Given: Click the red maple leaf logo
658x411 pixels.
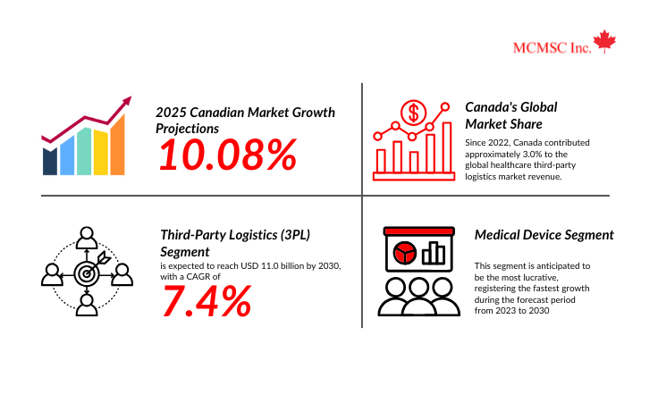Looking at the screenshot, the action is [x=604, y=41].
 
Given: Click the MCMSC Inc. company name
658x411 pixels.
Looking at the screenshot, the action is [x=552, y=48].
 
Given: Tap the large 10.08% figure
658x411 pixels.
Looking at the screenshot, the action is [x=228, y=155].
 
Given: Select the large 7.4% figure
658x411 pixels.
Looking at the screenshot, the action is [x=207, y=301].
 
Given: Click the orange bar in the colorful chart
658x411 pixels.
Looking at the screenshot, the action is [x=117, y=145].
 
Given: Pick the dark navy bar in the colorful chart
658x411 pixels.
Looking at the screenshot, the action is [x=50, y=162].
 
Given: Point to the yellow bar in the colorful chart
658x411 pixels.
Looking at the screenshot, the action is [x=101, y=152].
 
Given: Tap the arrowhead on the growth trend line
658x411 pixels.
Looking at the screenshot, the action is [x=127, y=101].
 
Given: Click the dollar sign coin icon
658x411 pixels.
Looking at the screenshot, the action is [x=413, y=113].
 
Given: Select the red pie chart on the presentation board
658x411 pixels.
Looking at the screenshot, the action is [x=404, y=253].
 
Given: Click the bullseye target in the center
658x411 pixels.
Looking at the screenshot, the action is [x=87, y=274].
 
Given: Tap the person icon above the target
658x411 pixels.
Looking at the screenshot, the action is [x=87, y=238].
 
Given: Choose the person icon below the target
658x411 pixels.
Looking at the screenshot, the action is [x=87, y=305].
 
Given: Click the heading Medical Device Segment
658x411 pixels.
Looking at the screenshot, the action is [x=544, y=235].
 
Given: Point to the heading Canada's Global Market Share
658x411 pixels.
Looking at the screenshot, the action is [x=511, y=116].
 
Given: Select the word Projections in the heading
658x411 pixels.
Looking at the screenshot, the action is [x=187, y=129].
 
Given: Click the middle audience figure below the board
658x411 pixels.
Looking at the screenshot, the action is [x=418, y=297].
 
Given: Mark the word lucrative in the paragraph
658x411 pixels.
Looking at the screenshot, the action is [x=539, y=277].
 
